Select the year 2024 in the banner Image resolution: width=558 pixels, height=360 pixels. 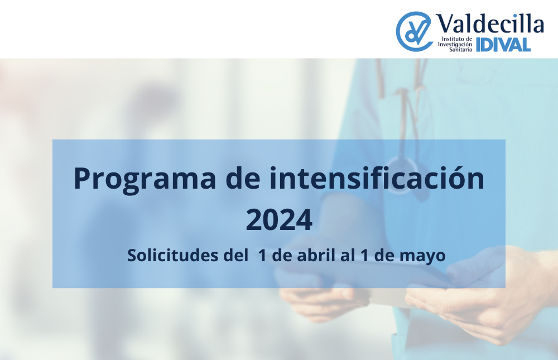tap(279, 220)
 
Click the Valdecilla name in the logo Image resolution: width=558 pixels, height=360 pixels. tap(490, 24)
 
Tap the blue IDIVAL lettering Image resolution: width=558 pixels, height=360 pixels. tap(503, 45)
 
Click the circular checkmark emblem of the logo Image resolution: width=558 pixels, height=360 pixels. tap(414, 31)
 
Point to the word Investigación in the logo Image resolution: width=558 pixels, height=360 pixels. tap(455, 45)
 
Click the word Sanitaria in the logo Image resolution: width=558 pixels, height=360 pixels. tap(460, 50)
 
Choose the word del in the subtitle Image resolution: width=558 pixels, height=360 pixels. tap(235, 255)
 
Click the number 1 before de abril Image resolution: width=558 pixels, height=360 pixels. tap(263, 255)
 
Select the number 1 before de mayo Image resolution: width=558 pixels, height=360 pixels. tap(364, 255)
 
